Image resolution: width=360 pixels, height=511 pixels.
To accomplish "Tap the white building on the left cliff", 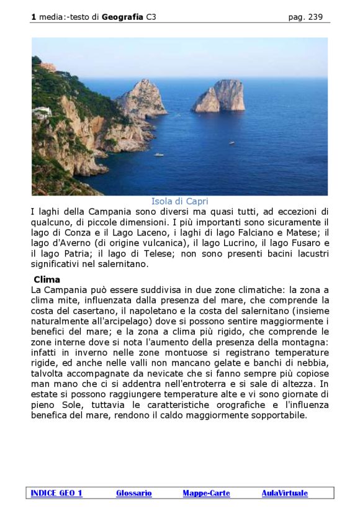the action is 42,112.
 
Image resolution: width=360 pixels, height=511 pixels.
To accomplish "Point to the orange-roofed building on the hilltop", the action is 48,66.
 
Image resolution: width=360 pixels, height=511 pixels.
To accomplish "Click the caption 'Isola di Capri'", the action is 179,201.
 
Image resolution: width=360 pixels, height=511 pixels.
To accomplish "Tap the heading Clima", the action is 47,279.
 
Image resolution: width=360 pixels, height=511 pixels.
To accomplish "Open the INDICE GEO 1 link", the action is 56,493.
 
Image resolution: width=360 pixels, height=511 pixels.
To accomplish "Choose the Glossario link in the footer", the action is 134,493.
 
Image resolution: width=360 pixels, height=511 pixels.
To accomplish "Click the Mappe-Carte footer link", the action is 206,493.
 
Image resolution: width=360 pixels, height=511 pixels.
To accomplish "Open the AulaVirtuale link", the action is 284,493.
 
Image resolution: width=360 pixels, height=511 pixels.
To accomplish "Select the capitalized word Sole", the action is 66,405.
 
